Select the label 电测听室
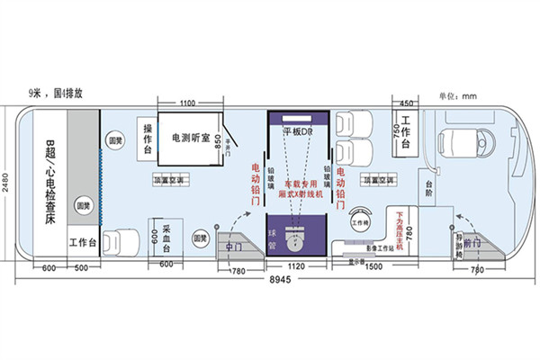click(x=190, y=139)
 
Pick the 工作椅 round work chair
click(x=360, y=221)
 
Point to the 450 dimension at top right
click(x=406, y=103)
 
